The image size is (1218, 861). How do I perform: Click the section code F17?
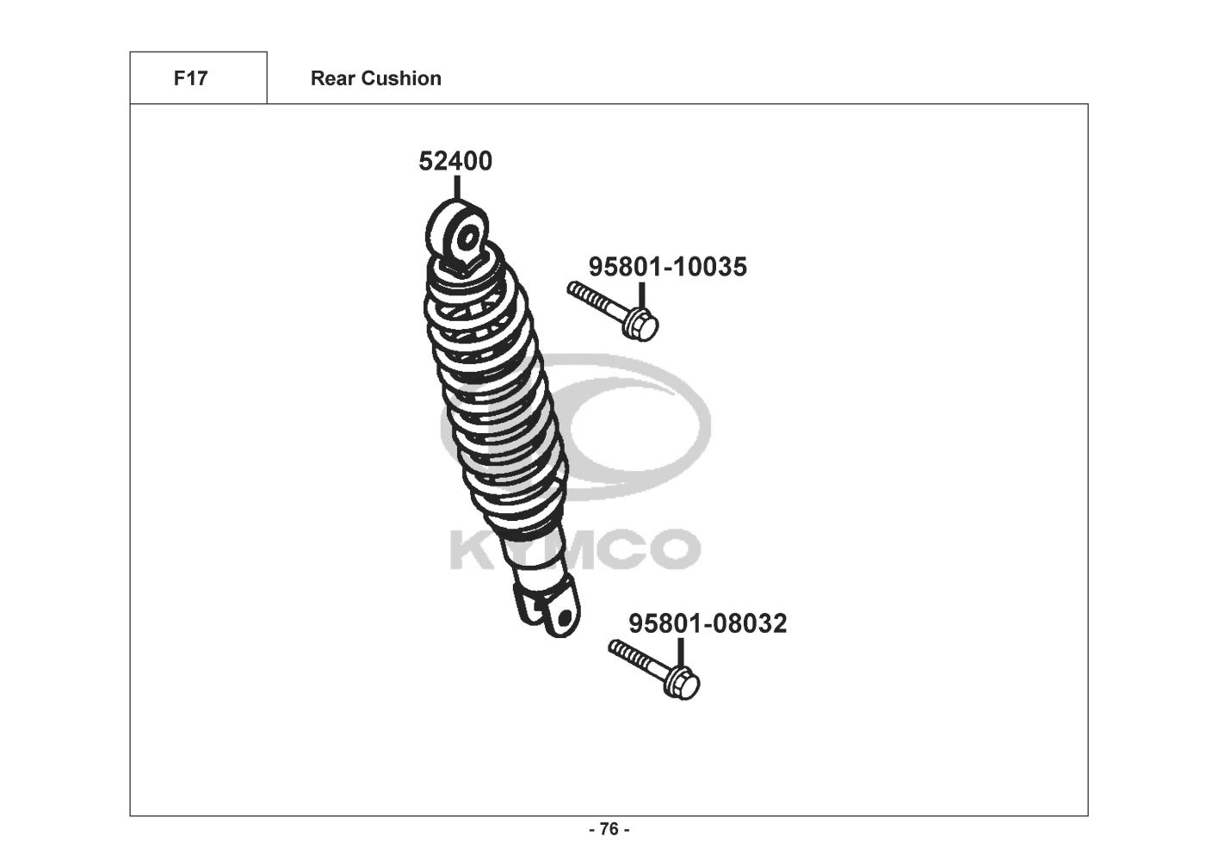(190, 78)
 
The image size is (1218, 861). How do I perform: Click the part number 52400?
(455, 161)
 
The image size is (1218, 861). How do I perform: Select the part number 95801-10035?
(667, 267)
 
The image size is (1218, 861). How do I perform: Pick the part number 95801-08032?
(707, 623)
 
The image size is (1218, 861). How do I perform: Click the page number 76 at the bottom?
(609, 829)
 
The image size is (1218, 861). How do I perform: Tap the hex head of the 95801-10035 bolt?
(642, 325)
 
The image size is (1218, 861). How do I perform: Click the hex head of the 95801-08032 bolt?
(683, 684)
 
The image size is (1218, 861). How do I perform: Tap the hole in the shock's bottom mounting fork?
(562, 617)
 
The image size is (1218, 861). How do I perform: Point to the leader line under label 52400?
(456, 187)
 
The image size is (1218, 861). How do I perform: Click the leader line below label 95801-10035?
(641, 294)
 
